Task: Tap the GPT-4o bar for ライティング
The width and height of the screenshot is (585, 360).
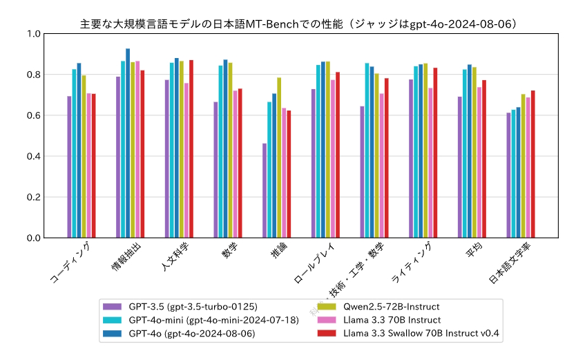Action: [x=421, y=151]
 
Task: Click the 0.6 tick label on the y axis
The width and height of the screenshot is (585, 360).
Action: [x=33, y=115]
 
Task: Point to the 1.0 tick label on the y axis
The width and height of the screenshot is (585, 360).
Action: [x=33, y=34]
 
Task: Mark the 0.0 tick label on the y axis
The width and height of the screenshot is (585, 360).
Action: [x=33, y=238]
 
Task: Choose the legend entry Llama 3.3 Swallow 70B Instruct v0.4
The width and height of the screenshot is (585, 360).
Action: [x=421, y=333]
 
